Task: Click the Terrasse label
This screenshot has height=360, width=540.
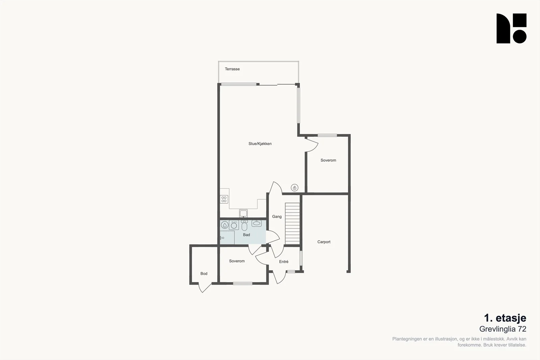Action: [232, 69]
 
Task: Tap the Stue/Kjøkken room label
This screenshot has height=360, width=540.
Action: [260, 144]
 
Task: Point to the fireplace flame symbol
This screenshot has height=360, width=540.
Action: [294, 188]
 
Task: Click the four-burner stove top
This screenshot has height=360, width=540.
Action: [224, 199]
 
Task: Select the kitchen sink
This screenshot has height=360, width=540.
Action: [243, 213]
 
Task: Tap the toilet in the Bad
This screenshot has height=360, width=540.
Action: [244, 225]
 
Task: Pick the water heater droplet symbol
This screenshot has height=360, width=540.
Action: [225, 225]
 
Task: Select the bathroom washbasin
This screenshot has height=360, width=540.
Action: [256, 223]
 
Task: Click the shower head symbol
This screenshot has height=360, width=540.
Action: [222, 238]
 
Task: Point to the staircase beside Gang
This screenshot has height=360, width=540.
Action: [292, 224]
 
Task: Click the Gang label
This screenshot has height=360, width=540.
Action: [277, 217]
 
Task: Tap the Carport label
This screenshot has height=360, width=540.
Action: [324, 242]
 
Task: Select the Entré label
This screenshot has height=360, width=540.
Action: [284, 262]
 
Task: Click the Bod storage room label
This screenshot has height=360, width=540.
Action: [204, 274]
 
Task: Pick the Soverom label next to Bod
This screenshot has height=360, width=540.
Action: [237, 261]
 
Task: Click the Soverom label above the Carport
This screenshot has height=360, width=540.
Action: [328, 160]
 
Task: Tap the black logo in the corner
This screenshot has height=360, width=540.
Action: [511, 28]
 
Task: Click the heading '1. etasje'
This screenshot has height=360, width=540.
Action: [505, 318]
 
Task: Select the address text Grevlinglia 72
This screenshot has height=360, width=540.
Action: [503, 329]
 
